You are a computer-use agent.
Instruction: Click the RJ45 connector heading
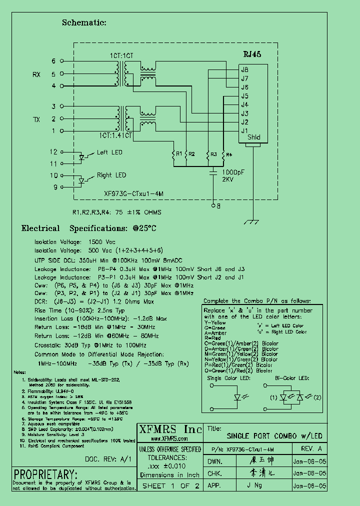(251, 54)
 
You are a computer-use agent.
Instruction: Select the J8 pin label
(244, 69)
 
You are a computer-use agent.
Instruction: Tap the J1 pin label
(244, 130)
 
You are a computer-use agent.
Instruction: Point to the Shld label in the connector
(253, 137)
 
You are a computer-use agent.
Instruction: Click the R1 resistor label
(179, 154)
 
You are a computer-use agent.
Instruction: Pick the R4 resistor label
(228, 154)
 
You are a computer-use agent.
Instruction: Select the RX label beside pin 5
(36, 74)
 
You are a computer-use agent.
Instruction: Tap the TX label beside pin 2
(36, 119)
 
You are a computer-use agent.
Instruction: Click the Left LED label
(109, 152)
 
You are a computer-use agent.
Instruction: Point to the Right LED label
(111, 175)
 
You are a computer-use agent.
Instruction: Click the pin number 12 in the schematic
(53, 151)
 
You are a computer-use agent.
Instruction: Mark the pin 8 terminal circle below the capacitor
(213, 205)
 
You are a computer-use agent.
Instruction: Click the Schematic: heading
(84, 22)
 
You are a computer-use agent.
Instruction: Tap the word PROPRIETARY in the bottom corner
(45, 474)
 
